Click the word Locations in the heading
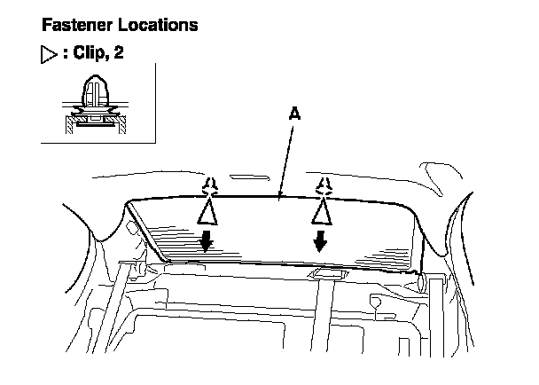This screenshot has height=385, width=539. (x=152, y=25)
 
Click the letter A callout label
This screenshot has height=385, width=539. (x=295, y=114)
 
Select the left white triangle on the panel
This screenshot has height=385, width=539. (x=207, y=213)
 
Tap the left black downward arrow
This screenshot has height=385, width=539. (x=206, y=240)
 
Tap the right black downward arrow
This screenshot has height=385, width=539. (x=321, y=239)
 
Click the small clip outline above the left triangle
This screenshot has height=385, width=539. (x=209, y=185)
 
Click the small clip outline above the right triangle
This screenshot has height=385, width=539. (x=325, y=185)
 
